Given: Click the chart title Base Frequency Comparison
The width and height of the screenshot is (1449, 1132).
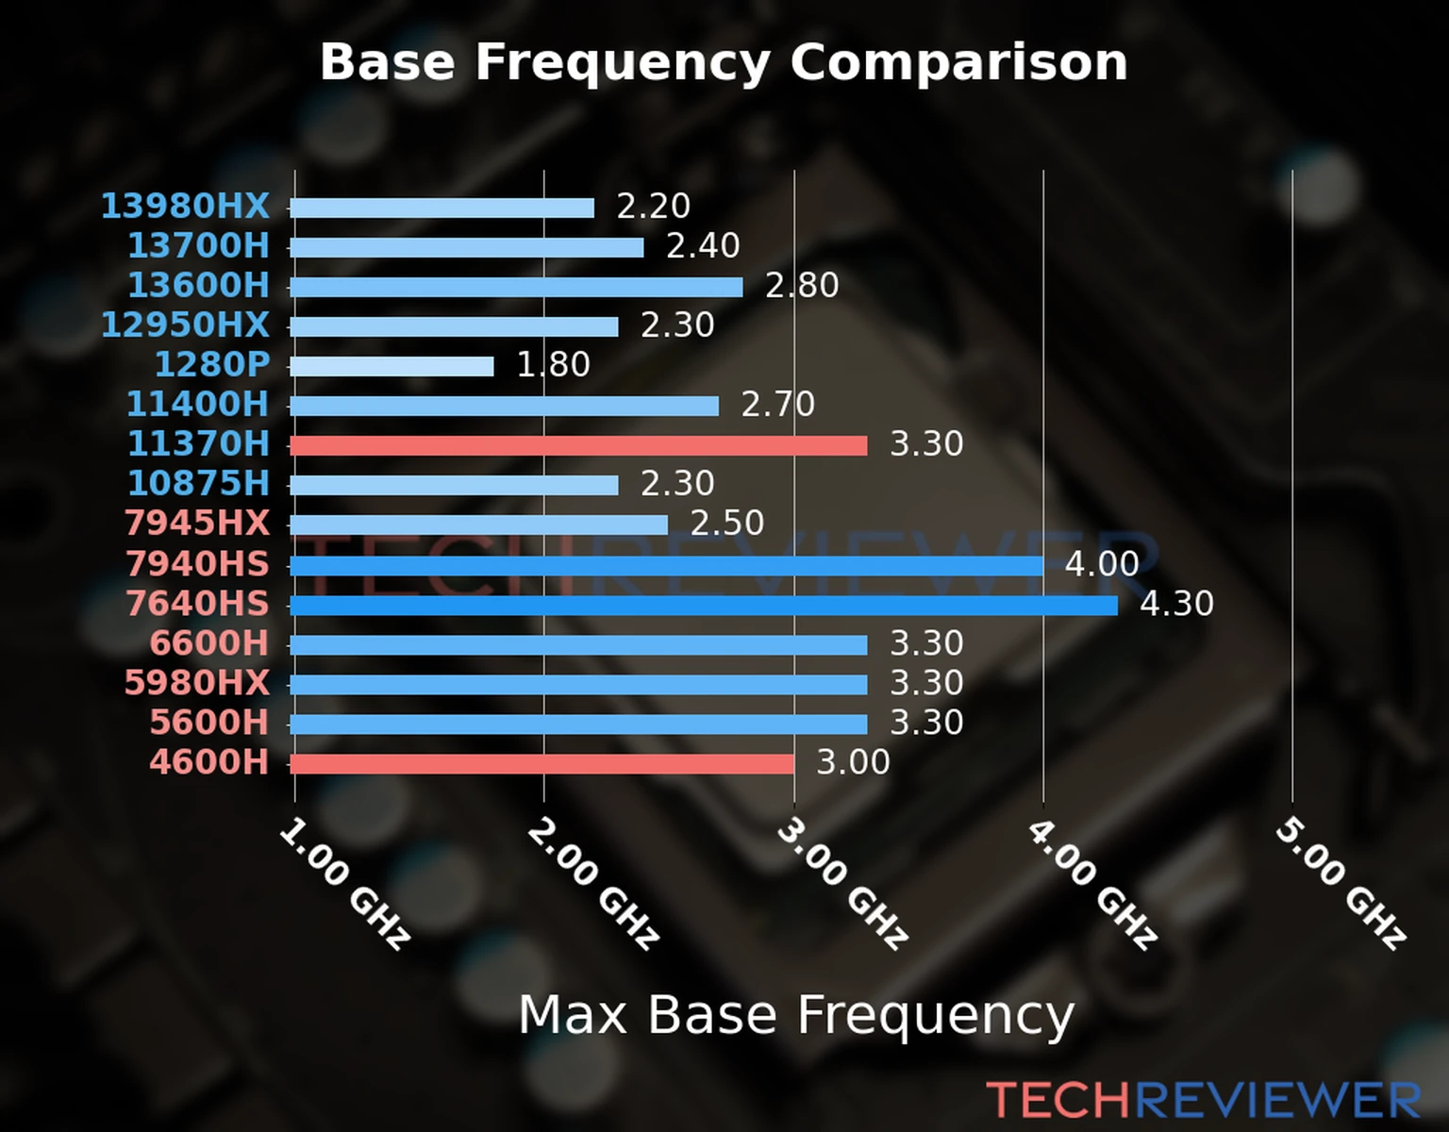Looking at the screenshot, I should point(724,62).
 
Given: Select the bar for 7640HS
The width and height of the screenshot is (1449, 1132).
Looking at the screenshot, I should point(703,605).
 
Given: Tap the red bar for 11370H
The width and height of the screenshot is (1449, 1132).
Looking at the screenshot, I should point(577,445).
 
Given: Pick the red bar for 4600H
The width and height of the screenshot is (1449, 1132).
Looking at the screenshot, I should point(541,763).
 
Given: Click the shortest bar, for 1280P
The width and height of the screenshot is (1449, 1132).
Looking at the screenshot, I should point(391,366).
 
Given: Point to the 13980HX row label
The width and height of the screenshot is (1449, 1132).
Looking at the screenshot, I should point(185,206).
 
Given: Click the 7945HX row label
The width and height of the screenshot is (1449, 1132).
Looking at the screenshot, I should point(196,523).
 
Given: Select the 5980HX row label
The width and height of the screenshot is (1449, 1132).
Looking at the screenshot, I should point(196,682).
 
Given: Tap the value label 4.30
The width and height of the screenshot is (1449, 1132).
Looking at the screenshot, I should point(1176,604).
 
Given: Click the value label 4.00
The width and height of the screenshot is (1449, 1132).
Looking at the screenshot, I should point(1101,564).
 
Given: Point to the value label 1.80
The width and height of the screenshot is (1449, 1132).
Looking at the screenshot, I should point(553,364).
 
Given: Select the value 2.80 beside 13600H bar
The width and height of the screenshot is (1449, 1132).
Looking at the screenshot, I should point(801,285).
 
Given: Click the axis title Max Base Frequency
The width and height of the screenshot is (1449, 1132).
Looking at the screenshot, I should point(796,1015).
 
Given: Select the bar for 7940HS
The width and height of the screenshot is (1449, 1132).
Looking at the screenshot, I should point(666,566).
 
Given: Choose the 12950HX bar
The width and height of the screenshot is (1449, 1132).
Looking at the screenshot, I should point(454,326).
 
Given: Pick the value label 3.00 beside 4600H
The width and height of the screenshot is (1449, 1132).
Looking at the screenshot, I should point(852,762).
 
